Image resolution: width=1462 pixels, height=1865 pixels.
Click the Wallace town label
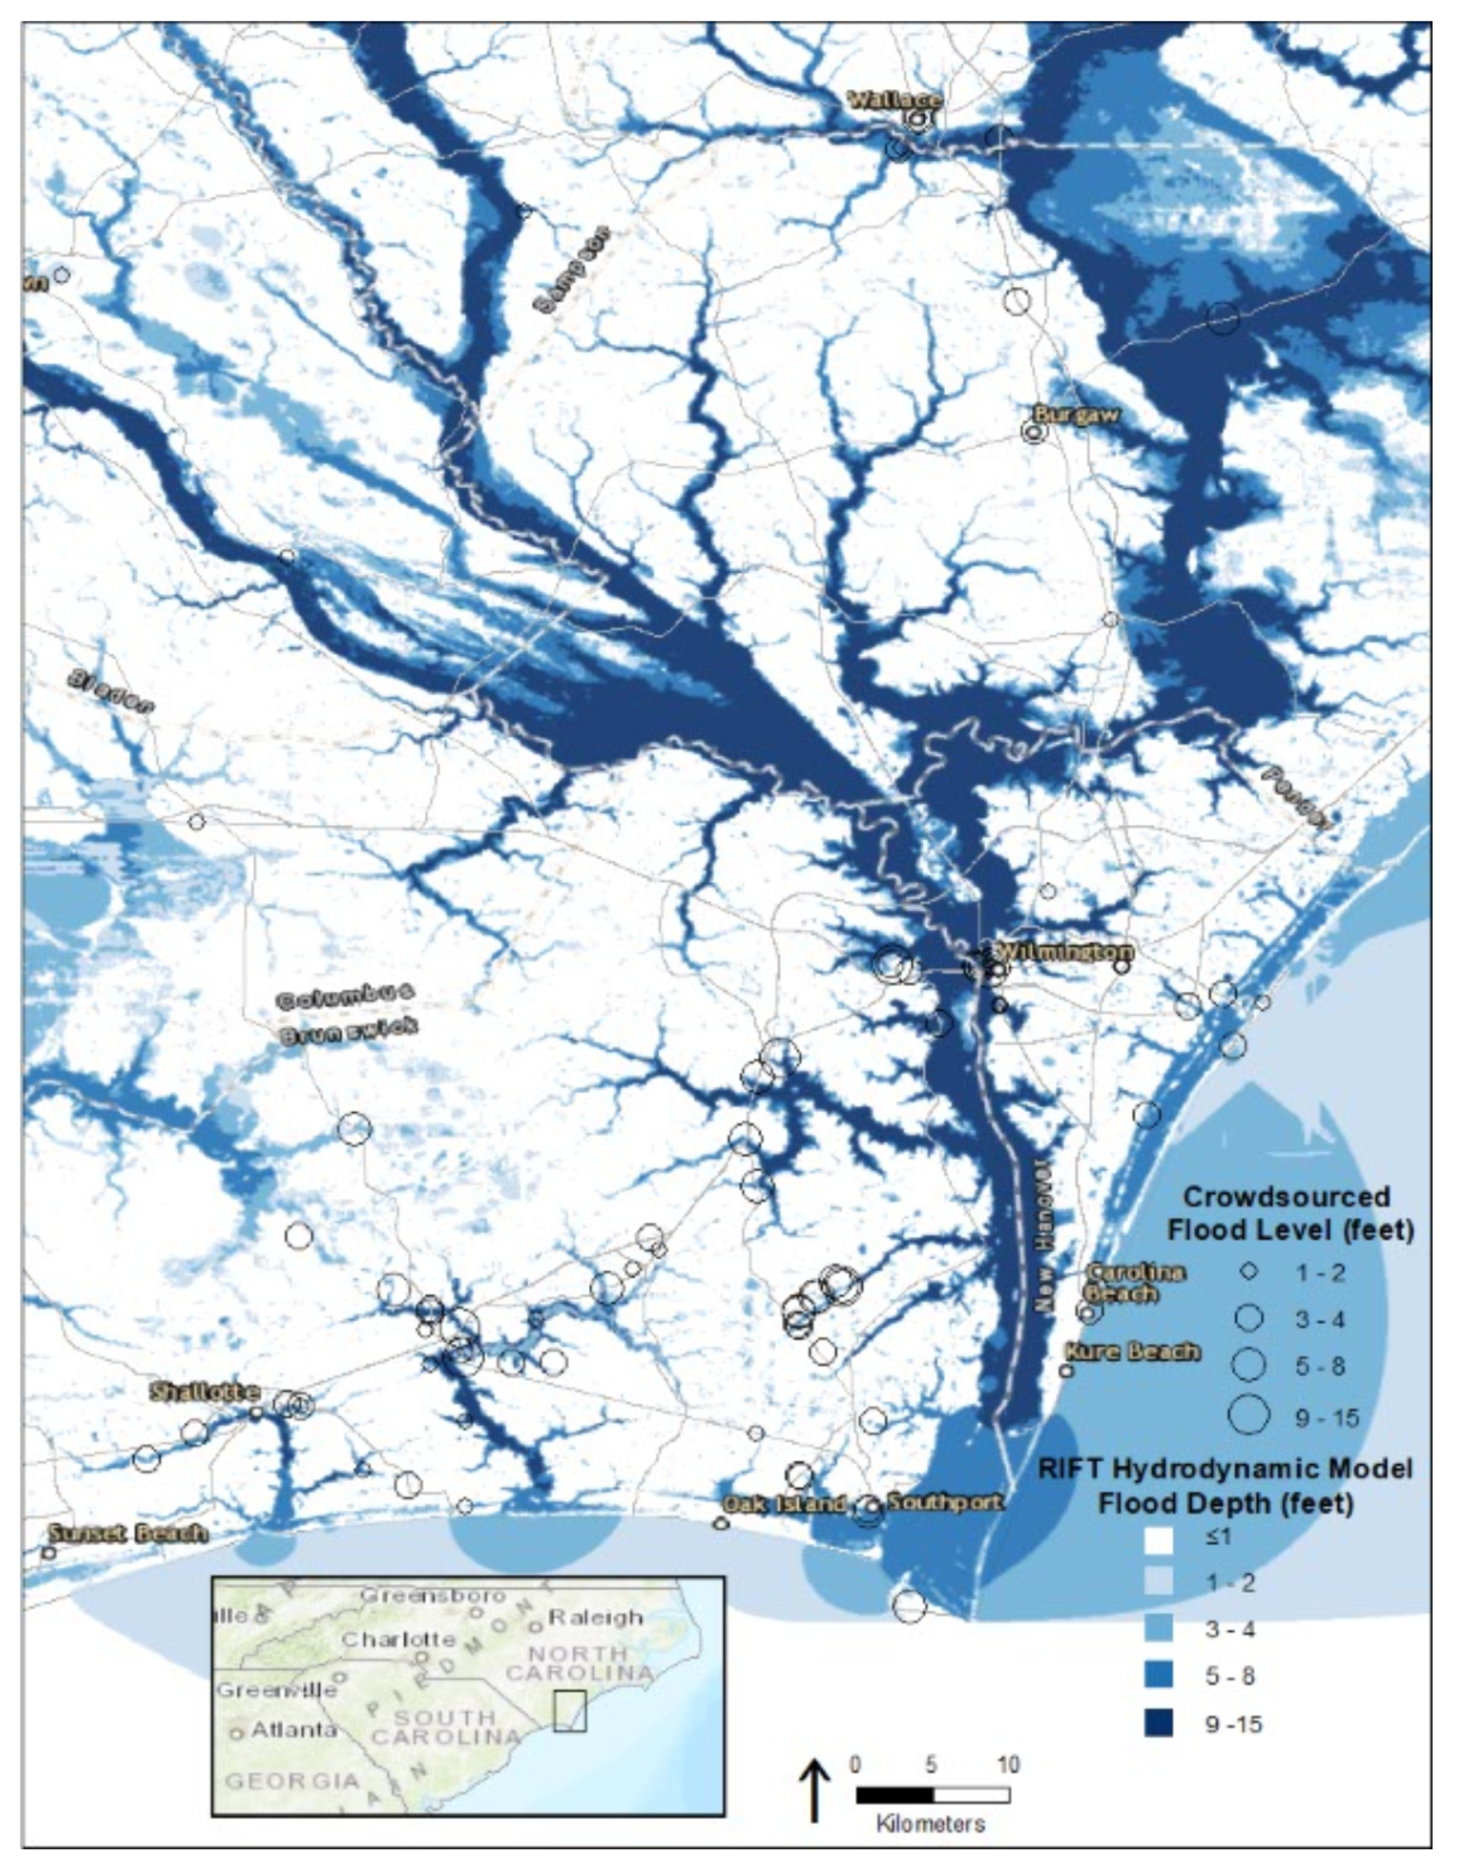[894, 100]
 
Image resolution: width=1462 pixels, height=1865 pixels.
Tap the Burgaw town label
[1075, 415]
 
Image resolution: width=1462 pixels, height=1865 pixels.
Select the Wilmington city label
[1064, 951]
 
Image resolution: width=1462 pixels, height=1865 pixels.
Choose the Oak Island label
[784, 1504]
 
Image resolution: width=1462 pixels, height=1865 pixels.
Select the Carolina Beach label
[1135, 1283]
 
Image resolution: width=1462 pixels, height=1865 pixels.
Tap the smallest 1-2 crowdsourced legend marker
[1249, 1272]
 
